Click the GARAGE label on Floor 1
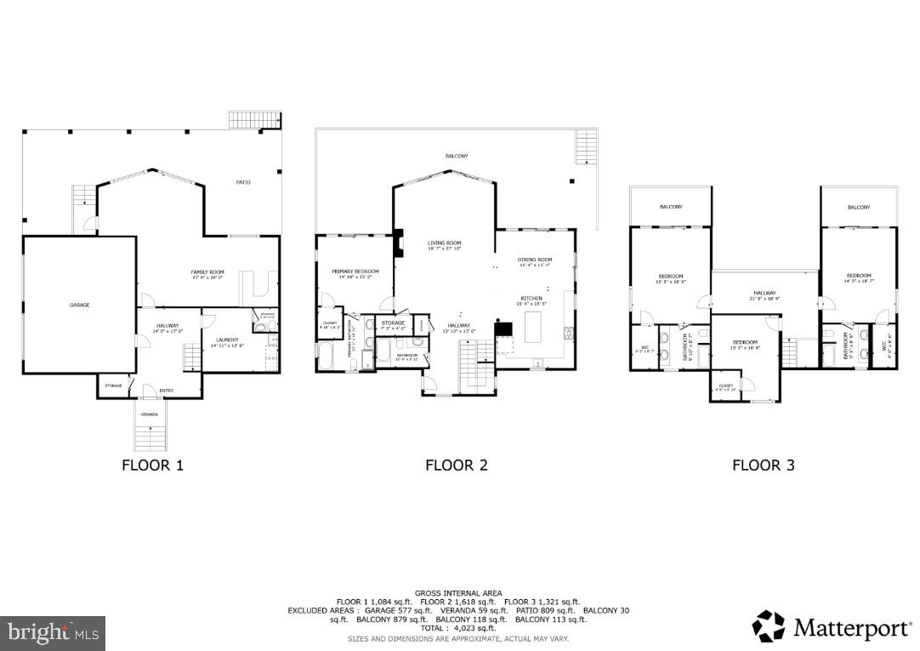click(x=80, y=305)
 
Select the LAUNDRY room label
click(x=225, y=341)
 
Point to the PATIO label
click(x=242, y=182)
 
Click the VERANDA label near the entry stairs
click(x=150, y=414)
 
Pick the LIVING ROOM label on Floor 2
click(x=444, y=244)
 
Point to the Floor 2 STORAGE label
click(x=393, y=323)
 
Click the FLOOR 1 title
click(x=152, y=465)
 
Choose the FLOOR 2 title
click(x=457, y=465)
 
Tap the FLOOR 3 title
click(x=764, y=465)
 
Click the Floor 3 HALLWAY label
click(x=764, y=294)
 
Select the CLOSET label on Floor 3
click(x=725, y=385)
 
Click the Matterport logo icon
click(x=769, y=626)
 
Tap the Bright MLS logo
click(x=53, y=632)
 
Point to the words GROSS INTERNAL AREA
click(x=458, y=593)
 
